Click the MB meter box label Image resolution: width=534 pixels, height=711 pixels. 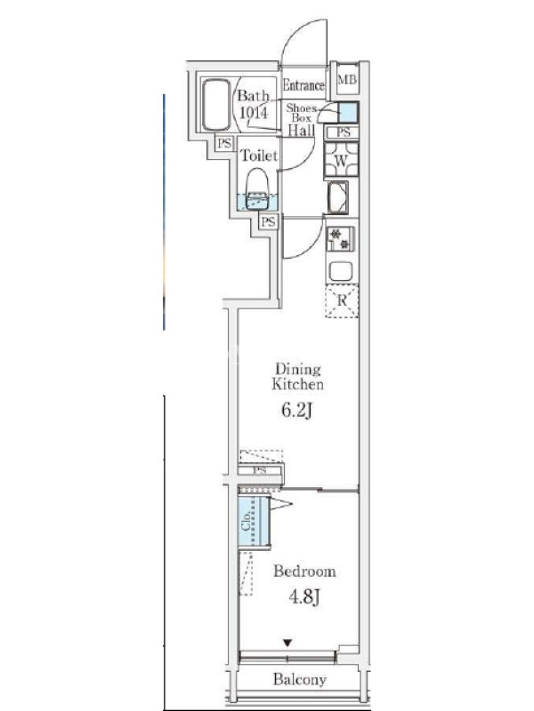tap(347, 79)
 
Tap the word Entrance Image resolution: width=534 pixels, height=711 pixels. tap(303, 84)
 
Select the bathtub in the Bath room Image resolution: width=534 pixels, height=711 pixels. tap(216, 105)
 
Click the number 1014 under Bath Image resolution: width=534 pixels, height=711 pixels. tap(254, 112)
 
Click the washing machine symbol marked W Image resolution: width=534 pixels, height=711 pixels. tap(342, 160)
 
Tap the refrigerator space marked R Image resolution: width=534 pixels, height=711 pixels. tap(342, 300)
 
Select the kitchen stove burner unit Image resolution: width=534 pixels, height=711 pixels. tap(340, 239)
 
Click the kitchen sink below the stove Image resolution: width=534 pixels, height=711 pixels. tap(341, 272)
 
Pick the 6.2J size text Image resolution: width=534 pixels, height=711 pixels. tap(296, 411)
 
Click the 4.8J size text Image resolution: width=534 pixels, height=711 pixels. tap(304, 596)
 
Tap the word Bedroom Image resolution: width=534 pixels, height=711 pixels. tap(304, 571)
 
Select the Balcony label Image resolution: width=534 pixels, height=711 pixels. tap(300, 679)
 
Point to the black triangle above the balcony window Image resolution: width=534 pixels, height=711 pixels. tap(287, 643)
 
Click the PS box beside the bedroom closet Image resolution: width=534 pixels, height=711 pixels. tap(260, 470)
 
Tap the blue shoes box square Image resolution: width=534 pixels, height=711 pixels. tap(348, 113)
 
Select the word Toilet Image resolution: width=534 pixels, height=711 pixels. tap(258, 156)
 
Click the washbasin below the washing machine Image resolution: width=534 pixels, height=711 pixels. tap(337, 197)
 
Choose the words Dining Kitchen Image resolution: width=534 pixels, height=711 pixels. tap(298, 377)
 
